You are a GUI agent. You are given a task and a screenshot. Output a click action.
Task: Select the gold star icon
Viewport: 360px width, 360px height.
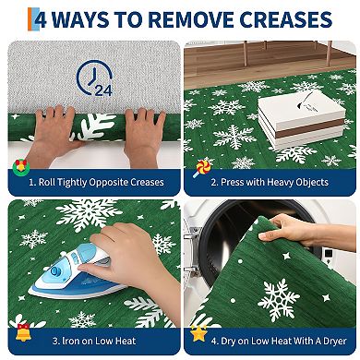[198, 330]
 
